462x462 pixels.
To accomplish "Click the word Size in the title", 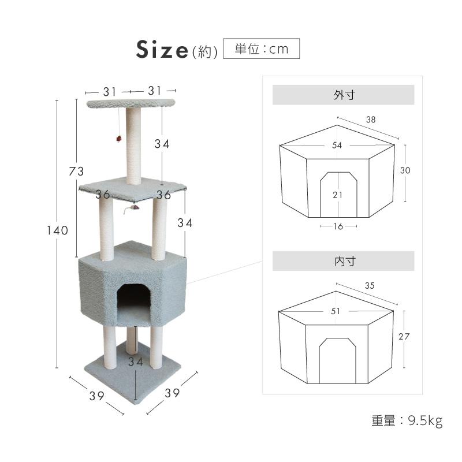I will pyautogui.click(x=162, y=50).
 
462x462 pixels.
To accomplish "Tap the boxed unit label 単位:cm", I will pyautogui.click(x=261, y=49).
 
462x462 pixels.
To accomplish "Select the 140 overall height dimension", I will pyautogui.click(x=58, y=230).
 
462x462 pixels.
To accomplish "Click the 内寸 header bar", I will pyautogui.click(x=343, y=261).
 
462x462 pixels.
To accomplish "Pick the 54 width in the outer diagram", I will pyautogui.click(x=337, y=146).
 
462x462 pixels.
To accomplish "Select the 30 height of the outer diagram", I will pyautogui.click(x=406, y=170).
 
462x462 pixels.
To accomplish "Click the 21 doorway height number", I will pyautogui.click(x=338, y=195).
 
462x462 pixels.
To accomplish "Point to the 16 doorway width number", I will pyautogui.click(x=338, y=226).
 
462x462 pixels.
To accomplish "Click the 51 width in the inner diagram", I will pyautogui.click(x=336, y=311).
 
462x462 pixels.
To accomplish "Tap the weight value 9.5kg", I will pyautogui.click(x=425, y=421).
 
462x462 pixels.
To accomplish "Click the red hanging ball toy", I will pyautogui.click(x=118, y=139).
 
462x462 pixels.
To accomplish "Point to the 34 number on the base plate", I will pyautogui.click(x=135, y=363).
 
